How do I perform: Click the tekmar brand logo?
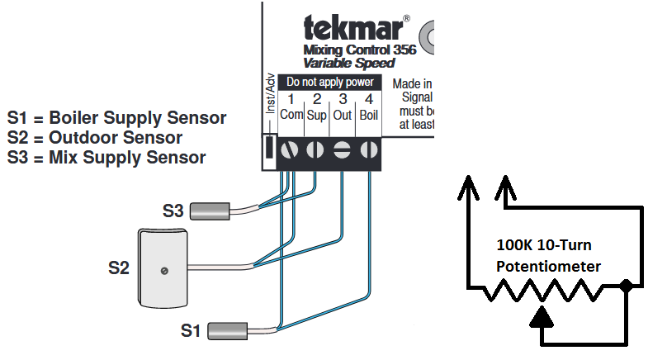[x=353, y=30]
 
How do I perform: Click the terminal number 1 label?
[x=291, y=100]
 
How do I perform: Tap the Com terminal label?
[x=291, y=115]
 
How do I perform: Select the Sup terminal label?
[x=316, y=115]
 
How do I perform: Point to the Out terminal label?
[x=343, y=115]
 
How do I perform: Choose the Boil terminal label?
[x=368, y=115]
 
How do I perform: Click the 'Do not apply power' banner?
[x=329, y=83]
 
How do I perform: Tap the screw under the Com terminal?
[x=291, y=150]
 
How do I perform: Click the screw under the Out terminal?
[x=343, y=150]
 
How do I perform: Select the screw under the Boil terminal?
[x=368, y=150]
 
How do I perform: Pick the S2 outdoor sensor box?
[x=163, y=268]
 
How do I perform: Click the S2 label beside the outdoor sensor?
[x=120, y=268]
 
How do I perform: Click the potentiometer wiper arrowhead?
[x=542, y=315]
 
